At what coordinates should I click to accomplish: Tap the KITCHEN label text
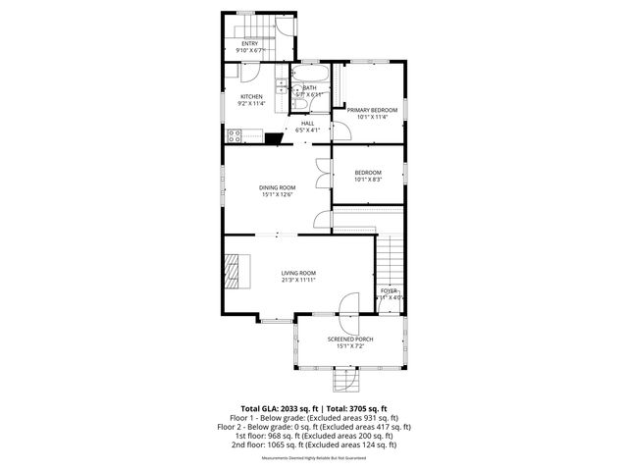point(252,96)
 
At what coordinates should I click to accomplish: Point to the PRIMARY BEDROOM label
point(372,109)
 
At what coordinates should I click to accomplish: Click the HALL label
point(307,123)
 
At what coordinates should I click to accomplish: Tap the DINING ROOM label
point(278,187)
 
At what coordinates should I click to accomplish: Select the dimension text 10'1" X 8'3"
point(368,180)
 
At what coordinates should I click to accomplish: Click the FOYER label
point(390,290)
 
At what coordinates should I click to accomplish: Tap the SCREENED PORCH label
point(350,339)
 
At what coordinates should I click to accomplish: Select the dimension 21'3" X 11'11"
point(298,281)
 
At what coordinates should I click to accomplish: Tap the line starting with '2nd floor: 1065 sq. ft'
point(314,445)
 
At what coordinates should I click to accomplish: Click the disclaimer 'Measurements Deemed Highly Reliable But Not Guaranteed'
point(314,457)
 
